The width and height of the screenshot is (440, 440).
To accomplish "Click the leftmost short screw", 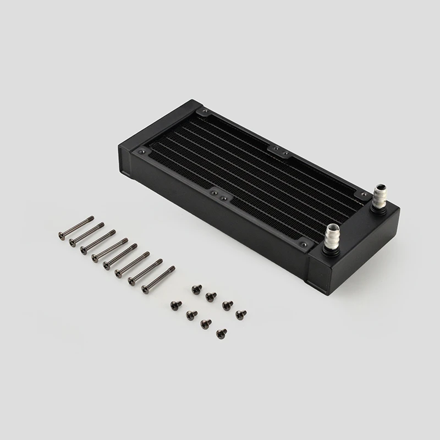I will pyautogui.click(x=175, y=304).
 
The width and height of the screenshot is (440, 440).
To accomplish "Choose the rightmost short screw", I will pyautogui.click(x=240, y=314).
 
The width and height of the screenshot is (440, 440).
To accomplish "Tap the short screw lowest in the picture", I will pyautogui.click(x=222, y=332).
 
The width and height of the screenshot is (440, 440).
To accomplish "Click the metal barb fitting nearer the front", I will pyautogui.click(x=333, y=237).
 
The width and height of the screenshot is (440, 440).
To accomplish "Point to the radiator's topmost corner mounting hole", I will pyautogui.click(x=205, y=112).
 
